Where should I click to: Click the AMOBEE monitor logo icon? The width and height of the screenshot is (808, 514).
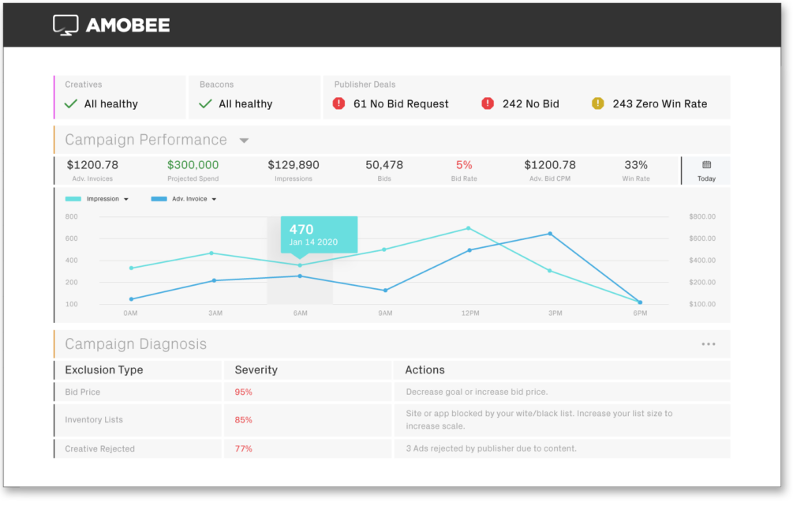coord(65,25)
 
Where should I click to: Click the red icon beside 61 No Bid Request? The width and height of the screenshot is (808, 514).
coord(339,103)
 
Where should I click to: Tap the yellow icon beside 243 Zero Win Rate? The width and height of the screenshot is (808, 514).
coord(597,103)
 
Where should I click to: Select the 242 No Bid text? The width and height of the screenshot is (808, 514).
coord(530,103)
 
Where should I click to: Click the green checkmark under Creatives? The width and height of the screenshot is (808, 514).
coord(71,103)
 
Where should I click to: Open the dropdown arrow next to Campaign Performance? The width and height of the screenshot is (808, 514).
coord(244,141)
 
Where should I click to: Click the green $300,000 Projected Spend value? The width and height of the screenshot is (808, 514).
coord(193,165)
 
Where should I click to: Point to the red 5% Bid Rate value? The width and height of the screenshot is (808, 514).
coord(464,165)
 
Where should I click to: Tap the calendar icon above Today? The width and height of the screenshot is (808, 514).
coord(706,165)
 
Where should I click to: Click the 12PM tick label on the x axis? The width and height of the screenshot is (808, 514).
coord(469,313)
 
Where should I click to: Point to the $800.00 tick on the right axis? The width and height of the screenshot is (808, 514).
coord(701,216)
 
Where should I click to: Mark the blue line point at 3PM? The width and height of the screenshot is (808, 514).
coord(550,234)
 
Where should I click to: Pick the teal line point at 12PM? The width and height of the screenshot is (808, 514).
coord(469,228)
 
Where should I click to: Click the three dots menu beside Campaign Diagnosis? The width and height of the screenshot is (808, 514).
coord(708,344)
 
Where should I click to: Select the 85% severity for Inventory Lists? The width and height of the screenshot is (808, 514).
coord(243,420)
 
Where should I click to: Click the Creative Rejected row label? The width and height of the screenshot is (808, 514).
coord(99,448)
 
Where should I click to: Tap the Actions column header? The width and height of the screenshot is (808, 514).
coord(425,370)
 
